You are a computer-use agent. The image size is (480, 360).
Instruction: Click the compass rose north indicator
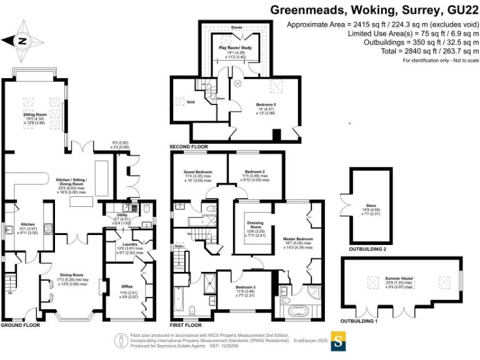click(23, 41)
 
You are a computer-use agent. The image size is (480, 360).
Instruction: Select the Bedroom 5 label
click(266, 104)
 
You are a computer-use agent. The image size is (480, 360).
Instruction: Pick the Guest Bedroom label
click(197, 171)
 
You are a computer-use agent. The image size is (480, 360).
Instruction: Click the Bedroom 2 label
click(254, 171)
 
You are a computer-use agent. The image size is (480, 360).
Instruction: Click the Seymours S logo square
click(338, 342)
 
